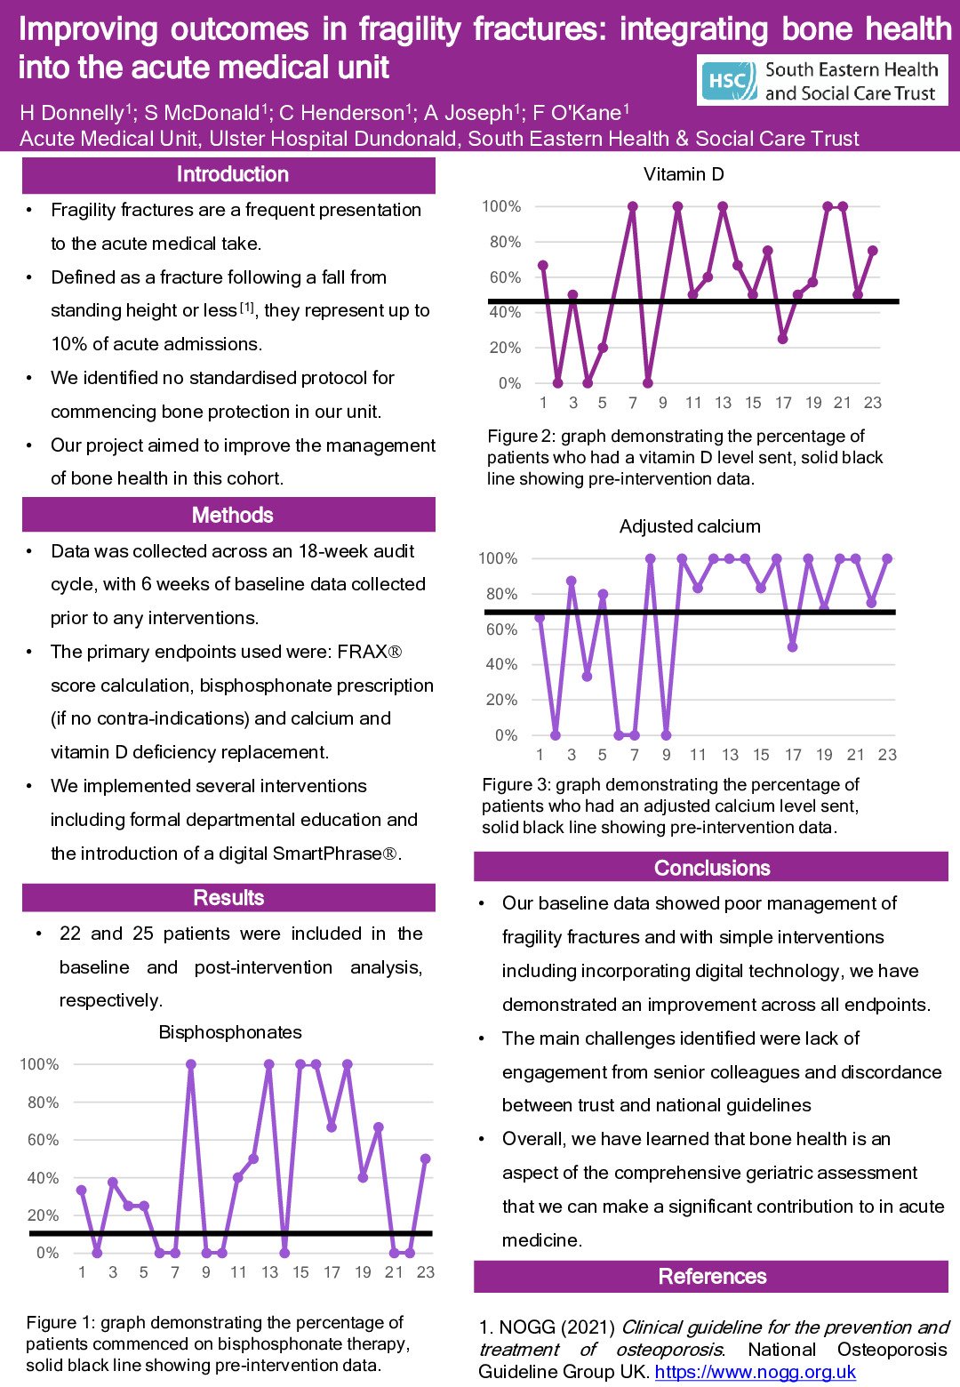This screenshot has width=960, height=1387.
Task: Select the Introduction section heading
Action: tap(232, 174)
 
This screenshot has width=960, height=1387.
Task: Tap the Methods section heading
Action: tap(232, 515)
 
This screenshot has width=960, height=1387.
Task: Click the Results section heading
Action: tap(228, 897)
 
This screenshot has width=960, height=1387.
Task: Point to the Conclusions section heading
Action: tap(712, 868)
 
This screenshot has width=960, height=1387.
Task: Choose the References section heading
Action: tap(712, 1276)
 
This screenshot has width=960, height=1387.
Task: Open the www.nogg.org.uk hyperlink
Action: tap(755, 1372)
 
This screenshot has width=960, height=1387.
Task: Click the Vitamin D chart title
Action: tap(684, 174)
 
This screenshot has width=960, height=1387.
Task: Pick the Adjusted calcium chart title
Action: tap(690, 526)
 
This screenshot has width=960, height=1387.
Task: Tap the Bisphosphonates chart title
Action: tap(230, 1032)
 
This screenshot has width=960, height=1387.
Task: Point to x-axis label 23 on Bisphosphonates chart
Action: tap(426, 1272)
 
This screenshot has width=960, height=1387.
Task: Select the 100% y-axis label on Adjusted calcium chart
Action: tap(498, 558)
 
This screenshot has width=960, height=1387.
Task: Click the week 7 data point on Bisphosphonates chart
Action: tap(175, 1253)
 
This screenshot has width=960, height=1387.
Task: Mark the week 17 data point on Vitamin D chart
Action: tap(782, 339)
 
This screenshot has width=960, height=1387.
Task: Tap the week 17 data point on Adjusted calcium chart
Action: tap(792, 646)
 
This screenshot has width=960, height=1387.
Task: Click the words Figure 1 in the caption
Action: tap(59, 1323)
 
